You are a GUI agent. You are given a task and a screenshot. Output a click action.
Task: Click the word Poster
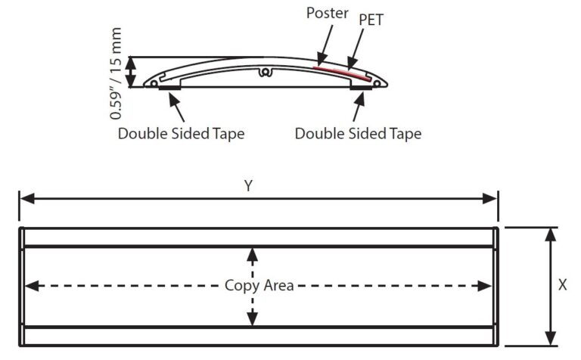pos(327,14)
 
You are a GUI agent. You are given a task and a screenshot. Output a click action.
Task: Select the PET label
pos(371,20)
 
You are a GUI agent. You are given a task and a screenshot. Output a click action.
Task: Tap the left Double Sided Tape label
pos(181,133)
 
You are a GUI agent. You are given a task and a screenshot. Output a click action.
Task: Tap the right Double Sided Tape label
pos(358,133)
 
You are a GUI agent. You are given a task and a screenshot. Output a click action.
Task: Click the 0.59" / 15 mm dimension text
pos(117,73)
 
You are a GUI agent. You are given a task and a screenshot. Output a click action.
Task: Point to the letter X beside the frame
pos(562,285)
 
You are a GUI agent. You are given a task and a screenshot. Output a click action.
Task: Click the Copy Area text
pos(259,285)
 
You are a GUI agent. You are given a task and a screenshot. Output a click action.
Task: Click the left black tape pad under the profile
pos(169,88)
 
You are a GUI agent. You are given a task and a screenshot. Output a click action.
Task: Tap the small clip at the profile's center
pos(265,73)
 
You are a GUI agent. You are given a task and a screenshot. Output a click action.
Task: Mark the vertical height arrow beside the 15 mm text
pos(132,73)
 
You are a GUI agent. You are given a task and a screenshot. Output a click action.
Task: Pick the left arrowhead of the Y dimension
pos(25,198)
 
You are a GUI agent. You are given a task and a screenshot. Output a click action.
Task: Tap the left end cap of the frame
pos(22,286)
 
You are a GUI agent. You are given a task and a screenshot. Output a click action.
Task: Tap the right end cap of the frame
pos(496,286)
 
